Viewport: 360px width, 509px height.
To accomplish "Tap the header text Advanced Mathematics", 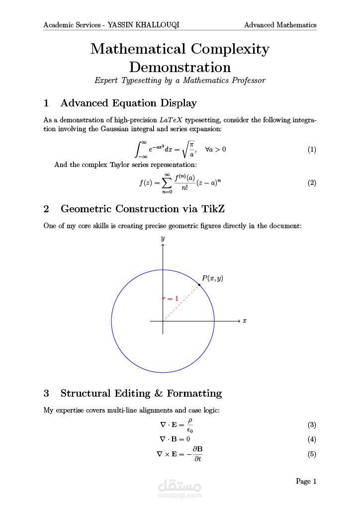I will coord(280,25).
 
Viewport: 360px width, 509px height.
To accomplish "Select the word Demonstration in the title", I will coord(180,67).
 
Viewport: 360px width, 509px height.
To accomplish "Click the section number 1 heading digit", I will coord(47,103).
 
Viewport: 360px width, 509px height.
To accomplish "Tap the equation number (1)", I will coord(312,150).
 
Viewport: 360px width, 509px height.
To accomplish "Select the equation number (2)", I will coord(312,182).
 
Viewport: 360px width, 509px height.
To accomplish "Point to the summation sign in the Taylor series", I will coord(167,182).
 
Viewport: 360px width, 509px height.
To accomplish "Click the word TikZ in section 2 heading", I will coord(216,209).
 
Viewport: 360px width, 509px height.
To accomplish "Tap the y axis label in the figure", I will coord(163,239).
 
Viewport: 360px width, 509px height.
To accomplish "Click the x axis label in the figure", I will coord(245,321).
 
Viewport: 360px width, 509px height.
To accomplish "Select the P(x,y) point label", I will coord(212,278).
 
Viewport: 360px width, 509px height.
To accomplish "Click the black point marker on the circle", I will coord(199,285).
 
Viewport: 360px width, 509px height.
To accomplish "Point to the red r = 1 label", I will coord(171,298).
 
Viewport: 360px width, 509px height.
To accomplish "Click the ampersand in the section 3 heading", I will coord(159,393).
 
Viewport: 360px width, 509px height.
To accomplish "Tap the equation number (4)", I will coord(312,439).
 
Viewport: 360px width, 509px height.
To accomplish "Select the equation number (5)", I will coord(312,454).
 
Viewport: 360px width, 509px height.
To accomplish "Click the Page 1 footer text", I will coord(306,481).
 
